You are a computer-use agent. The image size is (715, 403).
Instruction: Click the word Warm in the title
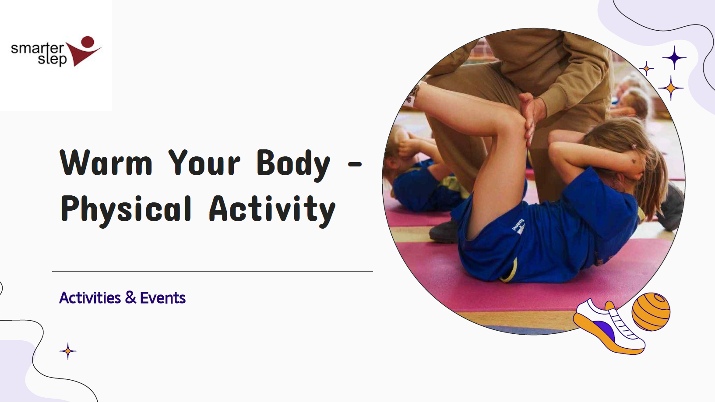106,163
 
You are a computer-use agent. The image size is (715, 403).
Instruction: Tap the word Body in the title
293,164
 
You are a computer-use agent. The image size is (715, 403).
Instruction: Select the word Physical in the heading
126,210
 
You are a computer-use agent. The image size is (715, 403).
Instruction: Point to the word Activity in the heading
272,210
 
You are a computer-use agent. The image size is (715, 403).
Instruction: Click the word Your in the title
204,163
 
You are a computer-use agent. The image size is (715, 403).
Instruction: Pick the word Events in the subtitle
162,298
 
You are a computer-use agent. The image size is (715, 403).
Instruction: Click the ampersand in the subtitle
130,298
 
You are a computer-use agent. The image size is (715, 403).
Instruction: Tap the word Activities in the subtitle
90,298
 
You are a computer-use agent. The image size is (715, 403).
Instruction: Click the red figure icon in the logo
85,51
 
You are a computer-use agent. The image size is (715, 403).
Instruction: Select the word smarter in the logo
37,47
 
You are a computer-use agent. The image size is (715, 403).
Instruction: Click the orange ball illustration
651,311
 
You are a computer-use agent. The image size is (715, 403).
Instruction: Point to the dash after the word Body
355,165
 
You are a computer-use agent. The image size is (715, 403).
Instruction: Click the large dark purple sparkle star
674,58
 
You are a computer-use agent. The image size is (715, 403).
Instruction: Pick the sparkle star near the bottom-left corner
68,351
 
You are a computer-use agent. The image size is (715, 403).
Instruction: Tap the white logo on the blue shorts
519,228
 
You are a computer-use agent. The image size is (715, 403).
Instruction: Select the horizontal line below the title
212,271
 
